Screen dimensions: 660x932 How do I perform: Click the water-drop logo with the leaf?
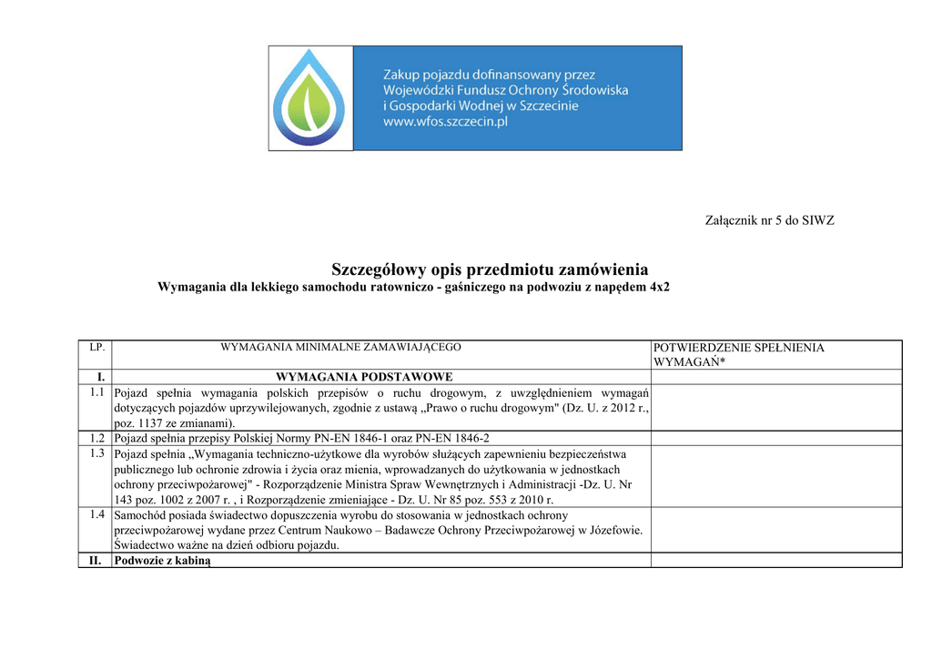[310, 98]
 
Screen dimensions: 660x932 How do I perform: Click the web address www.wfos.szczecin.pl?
[445, 122]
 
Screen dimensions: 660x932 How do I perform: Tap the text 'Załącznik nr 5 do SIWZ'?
[770, 220]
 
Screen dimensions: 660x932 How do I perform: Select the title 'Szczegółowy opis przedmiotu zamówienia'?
[490, 269]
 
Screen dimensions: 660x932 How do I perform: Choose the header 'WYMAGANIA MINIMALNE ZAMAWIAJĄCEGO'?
[341, 347]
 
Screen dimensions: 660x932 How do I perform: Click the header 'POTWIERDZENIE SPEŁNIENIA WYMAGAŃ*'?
[739, 355]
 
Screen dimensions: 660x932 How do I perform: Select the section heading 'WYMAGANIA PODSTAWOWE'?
[364, 377]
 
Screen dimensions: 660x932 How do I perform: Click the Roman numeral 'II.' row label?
[95, 561]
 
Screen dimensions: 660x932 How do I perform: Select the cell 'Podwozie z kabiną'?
[162, 561]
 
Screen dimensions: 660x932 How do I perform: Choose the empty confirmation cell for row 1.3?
[775, 476]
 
